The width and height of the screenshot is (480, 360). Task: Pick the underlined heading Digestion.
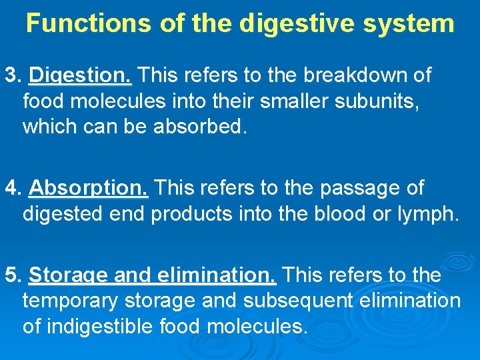click(81, 76)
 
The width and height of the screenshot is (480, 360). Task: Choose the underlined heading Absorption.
click(89, 189)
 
